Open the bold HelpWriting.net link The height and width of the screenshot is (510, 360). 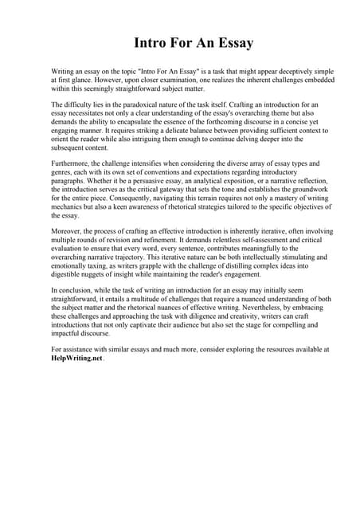(76, 359)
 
